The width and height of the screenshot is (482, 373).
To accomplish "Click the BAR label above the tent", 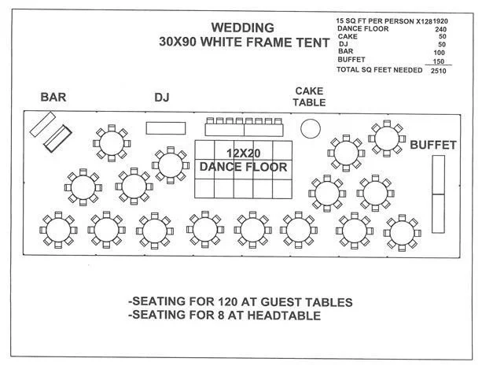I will [53, 98].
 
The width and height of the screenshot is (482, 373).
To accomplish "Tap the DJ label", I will [162, 98].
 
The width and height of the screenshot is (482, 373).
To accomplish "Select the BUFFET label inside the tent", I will [433, 146].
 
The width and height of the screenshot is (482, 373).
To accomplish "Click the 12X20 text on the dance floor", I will [243, 152].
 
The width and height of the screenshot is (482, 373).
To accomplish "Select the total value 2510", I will [437, 70].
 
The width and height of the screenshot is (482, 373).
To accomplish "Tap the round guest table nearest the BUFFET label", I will [387, 138].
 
